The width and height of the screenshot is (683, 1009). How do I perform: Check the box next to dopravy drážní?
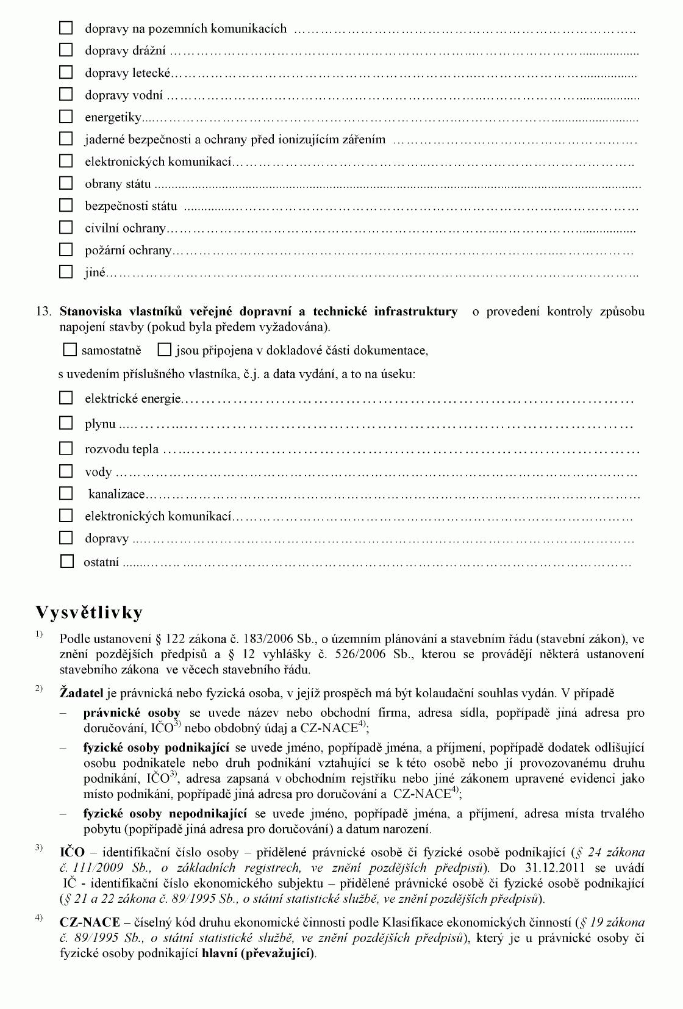point(66,50)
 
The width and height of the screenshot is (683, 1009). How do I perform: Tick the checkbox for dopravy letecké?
point(66,72)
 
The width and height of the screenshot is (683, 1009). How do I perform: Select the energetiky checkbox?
point(66,116)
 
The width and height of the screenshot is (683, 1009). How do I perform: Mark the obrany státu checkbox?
point(66,183)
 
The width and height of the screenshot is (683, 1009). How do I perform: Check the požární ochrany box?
point(66,250)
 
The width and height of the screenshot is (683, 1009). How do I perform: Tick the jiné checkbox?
point(66,271)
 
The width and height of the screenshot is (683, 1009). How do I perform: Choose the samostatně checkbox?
point(70,350)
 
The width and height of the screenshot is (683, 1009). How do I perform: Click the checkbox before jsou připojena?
point(164,350)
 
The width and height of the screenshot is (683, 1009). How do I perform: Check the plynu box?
point(66,423)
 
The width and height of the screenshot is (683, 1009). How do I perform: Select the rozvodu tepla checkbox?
point(66,448)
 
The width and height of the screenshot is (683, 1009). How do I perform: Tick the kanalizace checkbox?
point(66,493)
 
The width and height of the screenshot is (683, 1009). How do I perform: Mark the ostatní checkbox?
point(67,561)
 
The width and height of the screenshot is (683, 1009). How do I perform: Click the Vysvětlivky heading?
point(89,612)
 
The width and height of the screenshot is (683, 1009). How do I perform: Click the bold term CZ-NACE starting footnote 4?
point(90,922)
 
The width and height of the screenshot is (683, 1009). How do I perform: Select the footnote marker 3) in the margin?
point(39,847)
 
